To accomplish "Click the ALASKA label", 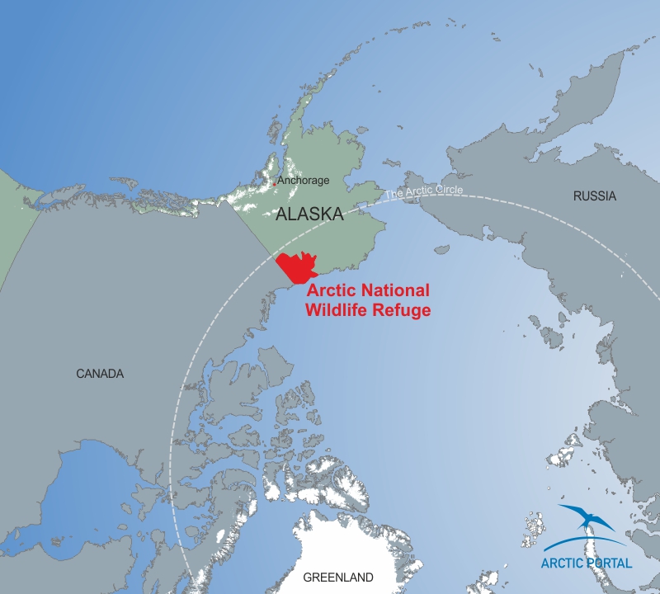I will pyautogui.click(x=309, y=214).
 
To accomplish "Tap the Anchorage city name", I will pyautogui.click(x=303, y=180).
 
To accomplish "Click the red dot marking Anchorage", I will pyautogui.click(x=275, y=183).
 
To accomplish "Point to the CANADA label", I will pyautogui.click(x=100, y=374).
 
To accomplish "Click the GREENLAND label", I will pyautogui.click(x=338, y=577).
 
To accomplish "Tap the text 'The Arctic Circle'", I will pyautogui.click(x=424, y=192).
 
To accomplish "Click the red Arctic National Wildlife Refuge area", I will pyautogui.click(x=297, y=266).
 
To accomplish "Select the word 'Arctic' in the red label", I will pyautogui.click(x=329, y=291).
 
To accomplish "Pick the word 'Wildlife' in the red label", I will pyautogui.click(x=337, y=310).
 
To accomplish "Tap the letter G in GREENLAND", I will pyautogui.click(x=308, y=577).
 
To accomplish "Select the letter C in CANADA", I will pyautogui.click(x=80, y=374).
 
